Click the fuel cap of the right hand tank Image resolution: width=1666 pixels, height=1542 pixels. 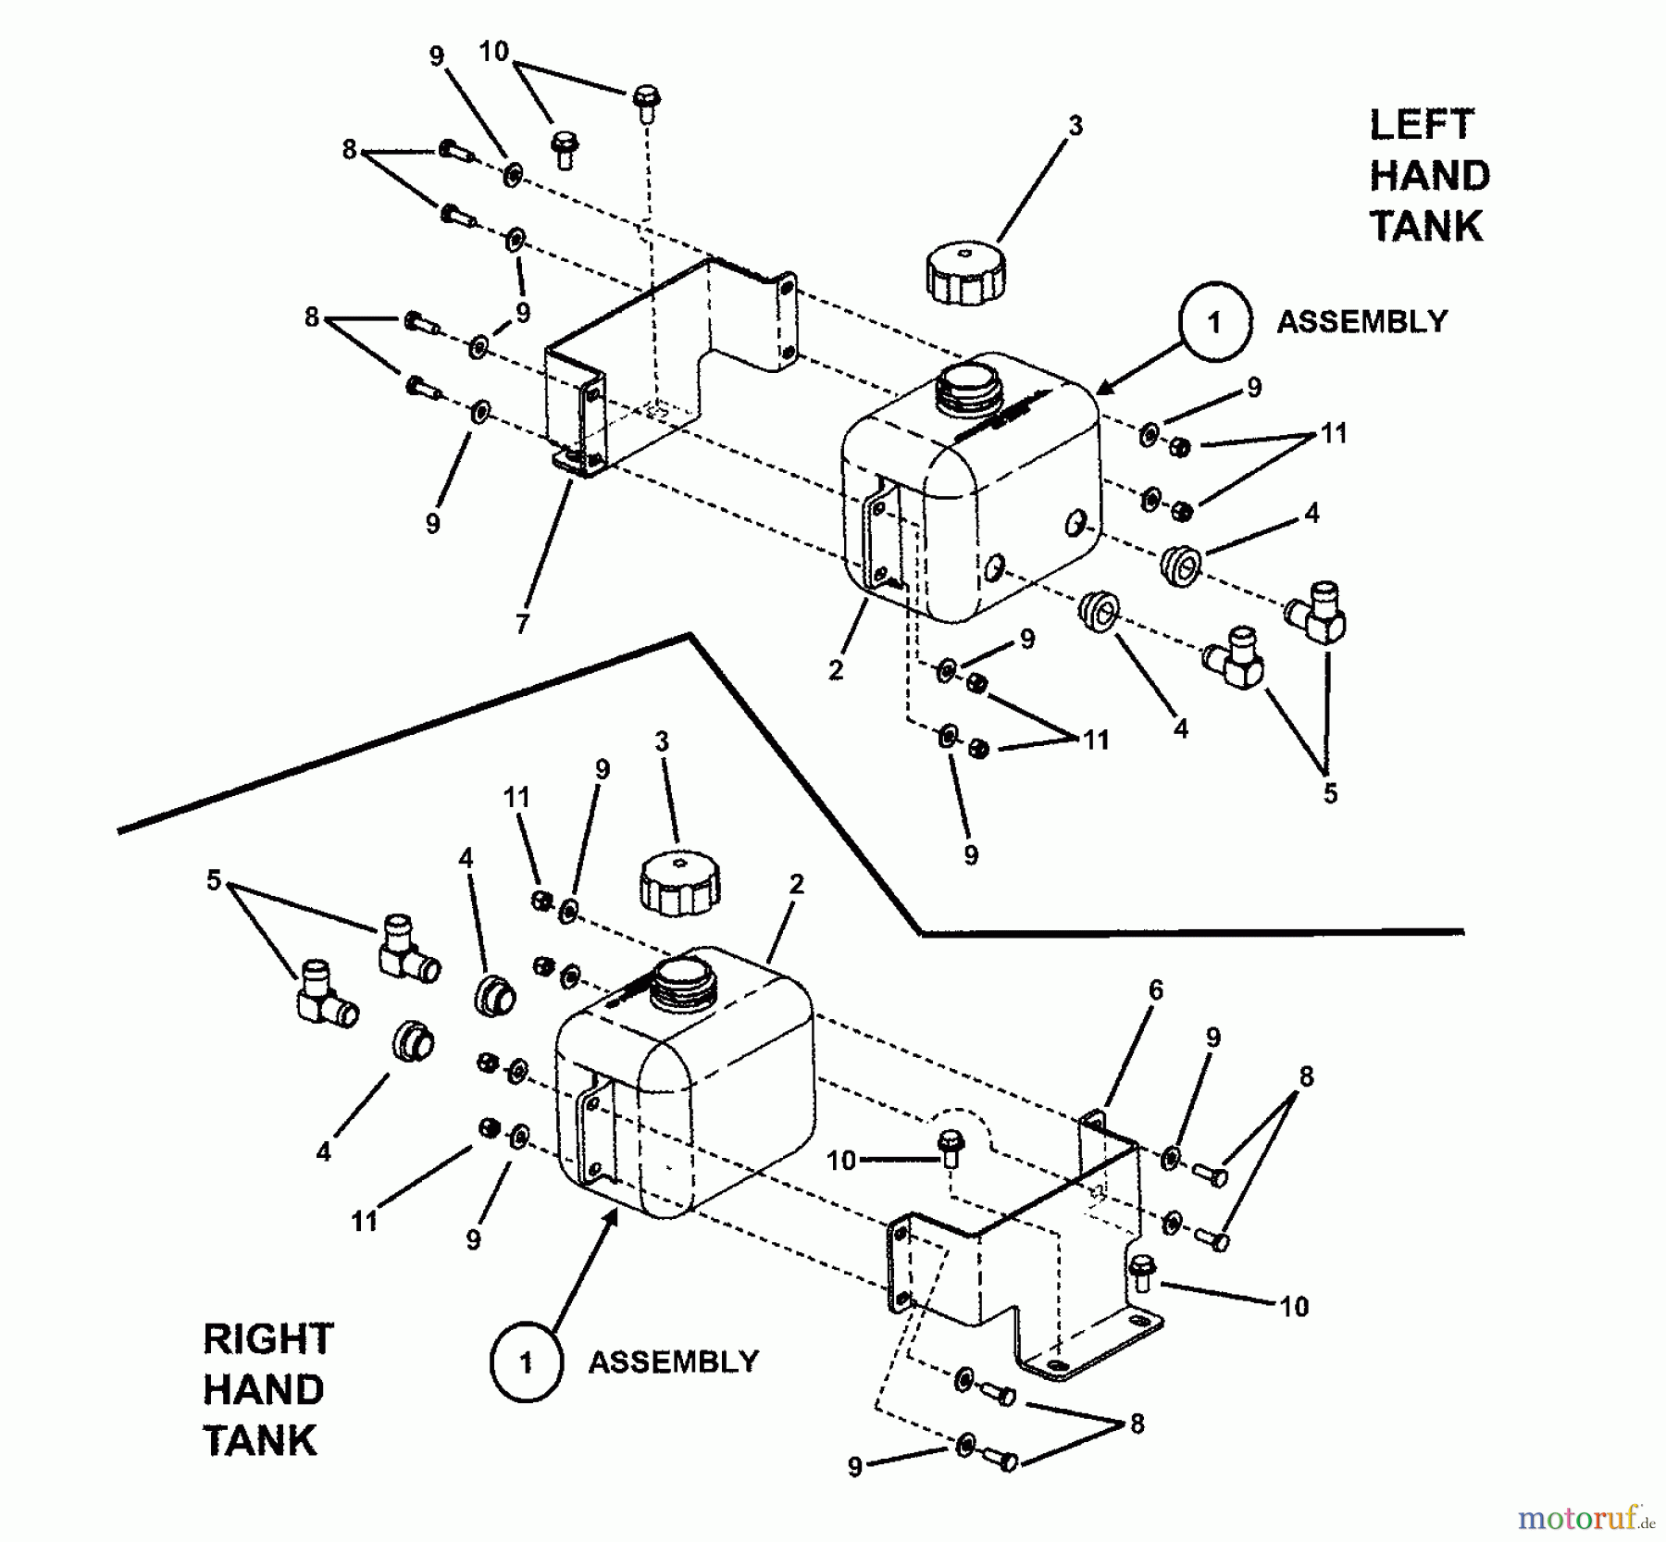680,881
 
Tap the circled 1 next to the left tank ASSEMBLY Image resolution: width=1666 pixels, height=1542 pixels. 1214,322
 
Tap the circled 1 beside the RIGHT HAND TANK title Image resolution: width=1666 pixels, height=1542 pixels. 526,1362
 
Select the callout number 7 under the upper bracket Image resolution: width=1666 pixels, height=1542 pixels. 522,624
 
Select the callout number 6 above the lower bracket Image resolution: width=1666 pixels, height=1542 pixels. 1156,990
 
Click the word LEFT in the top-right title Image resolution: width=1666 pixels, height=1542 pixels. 1421,125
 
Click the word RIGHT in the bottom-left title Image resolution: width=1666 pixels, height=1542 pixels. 267,1339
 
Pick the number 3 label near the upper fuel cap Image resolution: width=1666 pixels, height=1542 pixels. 1075,126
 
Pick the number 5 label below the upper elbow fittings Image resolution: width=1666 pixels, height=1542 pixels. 1329,793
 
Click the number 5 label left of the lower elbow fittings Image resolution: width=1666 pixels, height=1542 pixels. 214,880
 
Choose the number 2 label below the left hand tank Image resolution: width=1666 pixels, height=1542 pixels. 835,670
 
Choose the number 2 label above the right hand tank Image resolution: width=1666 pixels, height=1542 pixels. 796,884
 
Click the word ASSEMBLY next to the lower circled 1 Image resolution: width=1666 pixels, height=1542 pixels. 674,1362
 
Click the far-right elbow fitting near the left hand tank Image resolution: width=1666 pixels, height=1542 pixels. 1318,612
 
